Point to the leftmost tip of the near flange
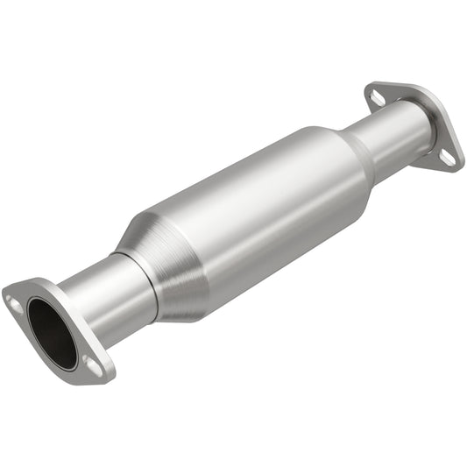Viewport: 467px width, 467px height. (x=3, y=293)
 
